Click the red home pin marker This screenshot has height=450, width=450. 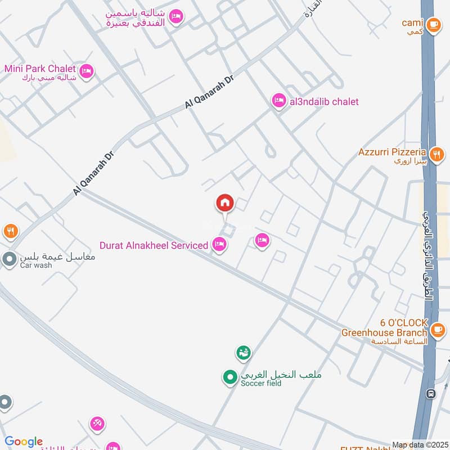pyautogui.click(x=225, y=203)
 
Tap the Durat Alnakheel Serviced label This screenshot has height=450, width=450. pyautogui.click(x=154, y=245)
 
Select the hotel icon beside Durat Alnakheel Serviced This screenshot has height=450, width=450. pyautogui.click(x=219, y=244)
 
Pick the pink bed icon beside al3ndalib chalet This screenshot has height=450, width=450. pyautogui.click(x=278, y=101)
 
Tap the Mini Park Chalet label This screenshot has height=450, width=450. pyautogui.click(x=39, y=69)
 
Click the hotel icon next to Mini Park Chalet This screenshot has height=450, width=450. pyautogui.click(x=87, y=71)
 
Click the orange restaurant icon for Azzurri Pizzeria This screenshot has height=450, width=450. pyautogui.click(x=436, y=153)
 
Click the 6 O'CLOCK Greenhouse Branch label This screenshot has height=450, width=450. pyautogui.click(x=385, y=328)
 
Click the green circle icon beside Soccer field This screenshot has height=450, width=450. pyautogui.click(x=229, y=377)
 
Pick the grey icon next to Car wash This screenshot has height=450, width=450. pyautogui.click(x=9, y=259)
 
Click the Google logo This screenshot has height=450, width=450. pyautogui.click(x=24, y=442)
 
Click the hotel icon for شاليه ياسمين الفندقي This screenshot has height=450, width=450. pyautogui.click(x=175, y=16)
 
